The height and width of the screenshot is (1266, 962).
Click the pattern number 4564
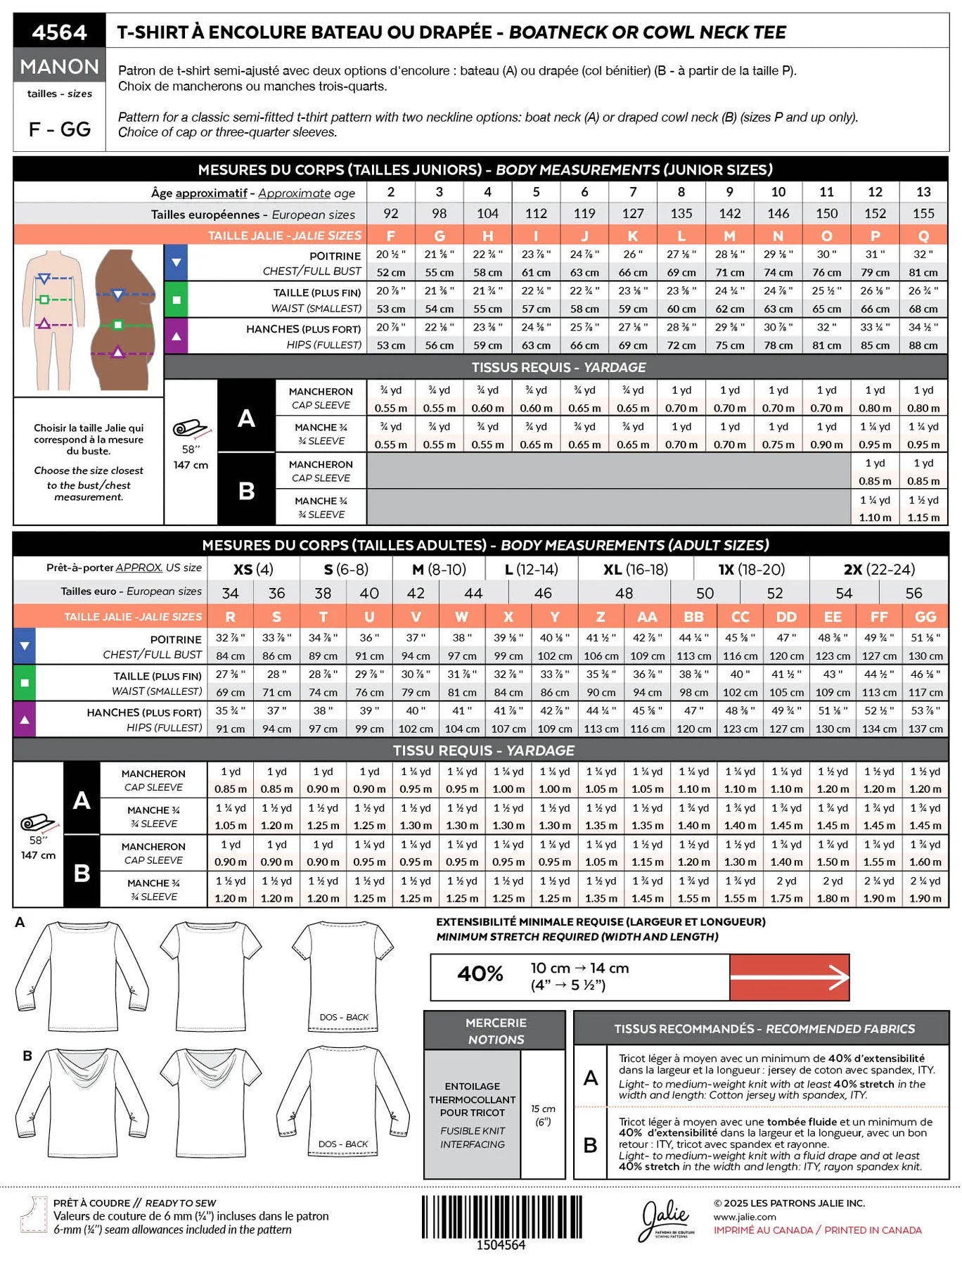pyautogui.click(x=59, y=32)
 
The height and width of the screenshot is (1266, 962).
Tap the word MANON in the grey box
pyautogui.click(x=59, y=66)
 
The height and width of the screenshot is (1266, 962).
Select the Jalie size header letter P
pyautogui.click(x=875, y=236)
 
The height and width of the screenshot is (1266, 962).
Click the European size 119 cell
pyautogui.click(x=584, y=213)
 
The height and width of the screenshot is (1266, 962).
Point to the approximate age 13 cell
pyautogui.click(x=923, y=191)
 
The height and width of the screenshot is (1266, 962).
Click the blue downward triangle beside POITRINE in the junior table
pyautogui.click(x=176, y=262)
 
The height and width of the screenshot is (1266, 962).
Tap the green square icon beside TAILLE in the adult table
pyautogui.click(x=25, y=682)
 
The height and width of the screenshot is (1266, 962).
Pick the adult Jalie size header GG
pyautogui.click(x=925, y=617)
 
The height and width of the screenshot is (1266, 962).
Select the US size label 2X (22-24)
pyautogui.click(x=878, y=569)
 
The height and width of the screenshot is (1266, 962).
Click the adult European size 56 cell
pyautogui.click(x=913, y=593)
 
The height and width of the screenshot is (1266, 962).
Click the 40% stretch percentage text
pyautogui.click(x=480, y=974)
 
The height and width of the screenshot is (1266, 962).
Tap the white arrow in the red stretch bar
pyautogui.click(x=790, y=977)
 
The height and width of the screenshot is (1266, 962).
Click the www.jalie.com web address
pyautogui.click(x=745, y=1217)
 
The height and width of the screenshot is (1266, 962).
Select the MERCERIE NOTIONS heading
pyautogui.click(x=496, y=1031)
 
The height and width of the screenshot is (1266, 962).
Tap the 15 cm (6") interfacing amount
pyautogui.click(x=543, y=1115)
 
